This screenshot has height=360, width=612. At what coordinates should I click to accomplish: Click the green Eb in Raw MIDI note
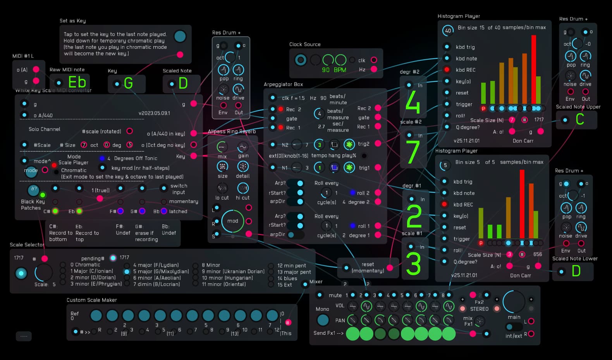77,82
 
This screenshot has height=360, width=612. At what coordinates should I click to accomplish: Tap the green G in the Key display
128,83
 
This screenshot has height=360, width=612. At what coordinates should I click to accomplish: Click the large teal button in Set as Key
180,36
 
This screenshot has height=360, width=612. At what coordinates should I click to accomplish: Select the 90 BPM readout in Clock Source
334,70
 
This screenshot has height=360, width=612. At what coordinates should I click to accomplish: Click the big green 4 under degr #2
413,103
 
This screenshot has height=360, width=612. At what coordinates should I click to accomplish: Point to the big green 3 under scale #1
413,264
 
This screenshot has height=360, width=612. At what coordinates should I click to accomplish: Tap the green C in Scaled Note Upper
579,119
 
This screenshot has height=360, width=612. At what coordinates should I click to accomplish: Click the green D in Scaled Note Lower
576,271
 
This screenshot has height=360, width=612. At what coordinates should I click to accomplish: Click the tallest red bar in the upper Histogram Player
533,70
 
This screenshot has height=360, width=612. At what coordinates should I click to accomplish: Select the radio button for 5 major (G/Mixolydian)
127,272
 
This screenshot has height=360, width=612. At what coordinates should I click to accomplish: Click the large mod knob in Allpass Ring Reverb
232,221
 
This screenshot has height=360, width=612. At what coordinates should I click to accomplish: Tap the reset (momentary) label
368,267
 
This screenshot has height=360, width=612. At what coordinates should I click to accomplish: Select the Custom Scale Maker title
91,300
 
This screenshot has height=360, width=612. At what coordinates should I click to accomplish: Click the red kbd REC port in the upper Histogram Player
447,70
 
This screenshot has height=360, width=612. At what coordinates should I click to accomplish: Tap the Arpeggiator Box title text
283,84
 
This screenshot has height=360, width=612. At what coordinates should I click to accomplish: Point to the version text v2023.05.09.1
154,113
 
